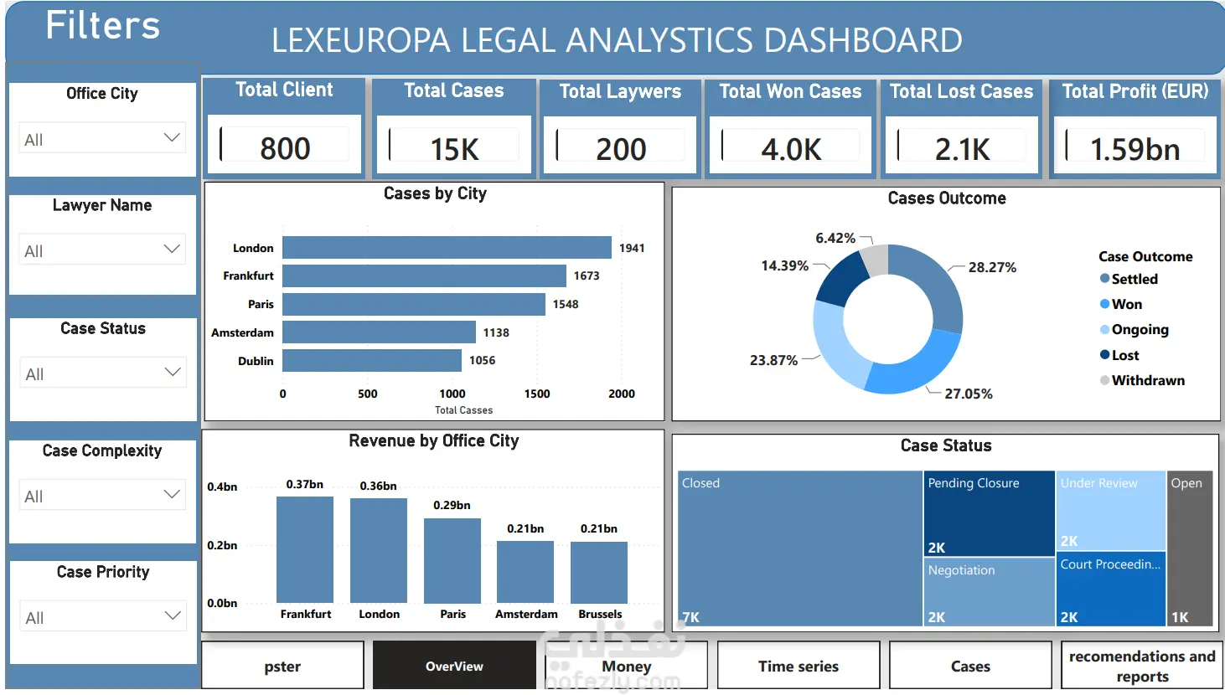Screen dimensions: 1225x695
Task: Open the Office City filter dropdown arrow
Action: pyautogui.click(x=172, y=137)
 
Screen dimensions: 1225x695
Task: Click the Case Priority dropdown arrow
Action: pyautogui.click(x=173, y=615)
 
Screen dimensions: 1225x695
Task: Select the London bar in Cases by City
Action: pyautogui.click(x=447, y=248)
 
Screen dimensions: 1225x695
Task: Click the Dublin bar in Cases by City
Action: pyautogui.click(x=372, y=361)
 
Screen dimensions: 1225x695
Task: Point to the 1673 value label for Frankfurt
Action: pyautogui.click(x=587, y=276)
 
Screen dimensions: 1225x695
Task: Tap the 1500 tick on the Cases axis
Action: pyautogui.click(x=537, y=394)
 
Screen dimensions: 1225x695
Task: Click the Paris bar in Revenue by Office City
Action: pyautogui.click(x=452, y=560)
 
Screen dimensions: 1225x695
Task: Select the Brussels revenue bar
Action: pyautogui.click(x=599, y=572)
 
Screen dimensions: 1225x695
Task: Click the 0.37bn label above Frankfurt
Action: pyautogui.click(x=305, y=484)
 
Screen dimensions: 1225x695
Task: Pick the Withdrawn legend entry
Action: pyautogui.click(x=1142, y=380)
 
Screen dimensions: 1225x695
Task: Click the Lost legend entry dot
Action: pyautogui.click(x=1104, y=354)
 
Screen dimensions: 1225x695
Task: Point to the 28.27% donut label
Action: pyautogui.click(x=992, y=267)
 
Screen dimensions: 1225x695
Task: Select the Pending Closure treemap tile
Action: pyautogui.click(x=989, y=513)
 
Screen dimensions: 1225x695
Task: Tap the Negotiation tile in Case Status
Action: pyautogui.click(x=989, y=592)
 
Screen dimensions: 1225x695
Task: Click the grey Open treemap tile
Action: pyautogui.click(x=1190, y=548)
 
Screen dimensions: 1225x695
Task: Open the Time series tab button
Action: pyautogui.click(x=799, y=666)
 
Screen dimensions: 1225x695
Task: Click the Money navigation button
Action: pyautogui.click(x=626, y=666)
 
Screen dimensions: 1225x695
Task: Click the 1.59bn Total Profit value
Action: pyautogui.click(x=1135, y=149)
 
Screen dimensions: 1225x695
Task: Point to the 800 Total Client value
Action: pyautogui.click(x=285, y=148)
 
